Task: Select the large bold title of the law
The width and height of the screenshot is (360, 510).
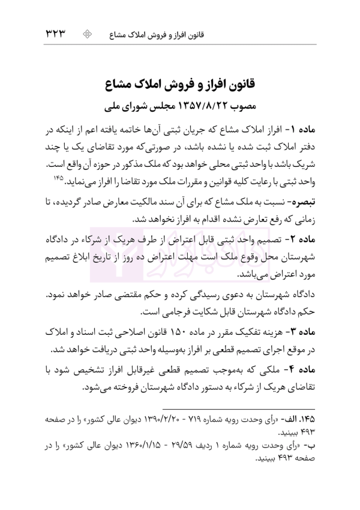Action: tap(180, 83)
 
